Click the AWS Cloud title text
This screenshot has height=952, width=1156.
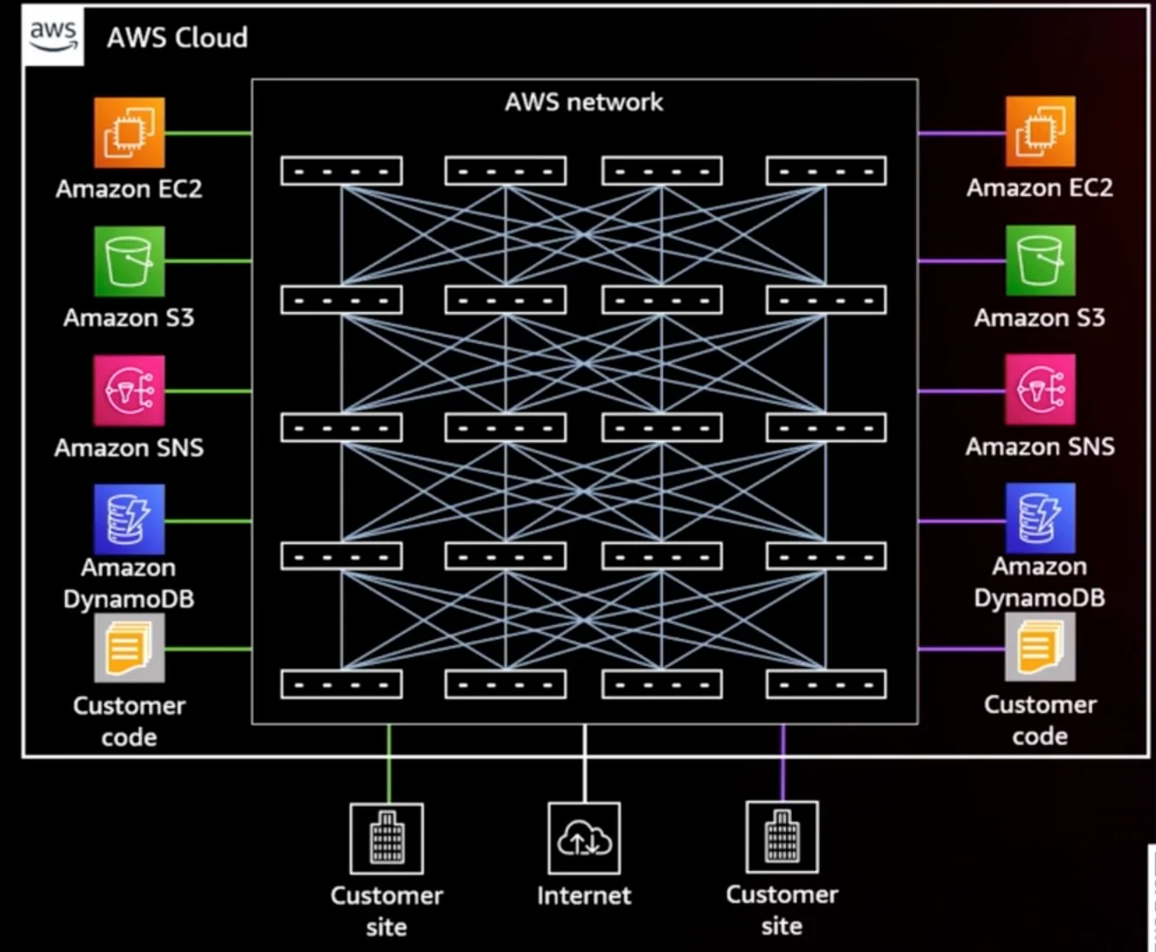(x=178, y=38)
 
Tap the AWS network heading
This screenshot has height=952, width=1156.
(x=584, y=102)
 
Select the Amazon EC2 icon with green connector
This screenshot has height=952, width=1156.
(x=129, y=133)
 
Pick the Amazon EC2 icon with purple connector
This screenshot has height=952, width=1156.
(x=1040, y=133)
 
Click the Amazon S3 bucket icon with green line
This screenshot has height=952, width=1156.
(x=129, y=261)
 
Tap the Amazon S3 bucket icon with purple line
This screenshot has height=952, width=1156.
(x=1040, y=261)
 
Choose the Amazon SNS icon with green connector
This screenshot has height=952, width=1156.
(x=129, y=390)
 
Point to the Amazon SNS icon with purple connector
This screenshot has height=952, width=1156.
(x=1040, y=389)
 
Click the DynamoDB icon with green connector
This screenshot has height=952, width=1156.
(x=129, y=520)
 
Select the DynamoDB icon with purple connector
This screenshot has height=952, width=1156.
(x=1040, y=519)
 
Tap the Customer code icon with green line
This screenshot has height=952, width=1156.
(x=129, y=649)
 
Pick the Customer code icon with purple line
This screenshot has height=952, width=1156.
(x=1040, y=648)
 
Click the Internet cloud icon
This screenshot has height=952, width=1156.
(x=584, y=839)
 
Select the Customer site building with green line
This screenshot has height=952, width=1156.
(x=386, y=839)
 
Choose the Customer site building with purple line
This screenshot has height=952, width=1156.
(x=782, y=838)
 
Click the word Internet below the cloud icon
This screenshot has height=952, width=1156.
(x=584, y=896)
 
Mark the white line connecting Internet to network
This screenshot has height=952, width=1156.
(x=584, y=763)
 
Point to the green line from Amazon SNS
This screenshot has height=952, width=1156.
(x=208, y=390)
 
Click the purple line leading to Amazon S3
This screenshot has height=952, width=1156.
(x=962, y=261)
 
